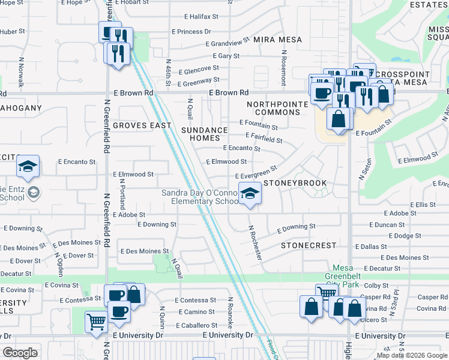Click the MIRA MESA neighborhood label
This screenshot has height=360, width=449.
(x=277, y=40)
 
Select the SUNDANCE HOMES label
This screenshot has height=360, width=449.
(x=205, y=134)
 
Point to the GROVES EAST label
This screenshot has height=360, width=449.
(x=138, y=125)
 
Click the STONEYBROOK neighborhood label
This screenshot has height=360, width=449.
(x=295, y=183)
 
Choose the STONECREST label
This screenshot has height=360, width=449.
(x=307, y=246)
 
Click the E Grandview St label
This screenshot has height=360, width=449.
(x=227, y=43)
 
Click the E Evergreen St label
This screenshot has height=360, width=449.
(x=255, y=173)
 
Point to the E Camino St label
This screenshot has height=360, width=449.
(x=196, y=312)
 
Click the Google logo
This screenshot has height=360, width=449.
(x=20, y=353)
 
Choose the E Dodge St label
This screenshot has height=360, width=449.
(x=405, y=236)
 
